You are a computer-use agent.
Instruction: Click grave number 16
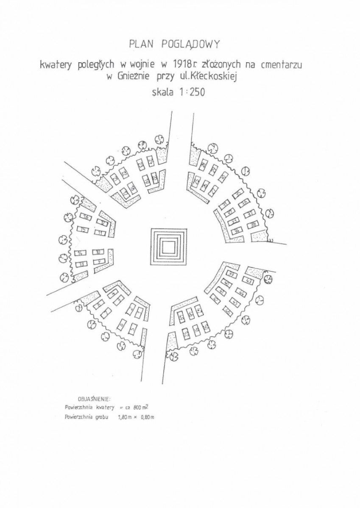86,217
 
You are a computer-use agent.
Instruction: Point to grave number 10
98,252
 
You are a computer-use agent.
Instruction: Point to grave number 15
83,230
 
